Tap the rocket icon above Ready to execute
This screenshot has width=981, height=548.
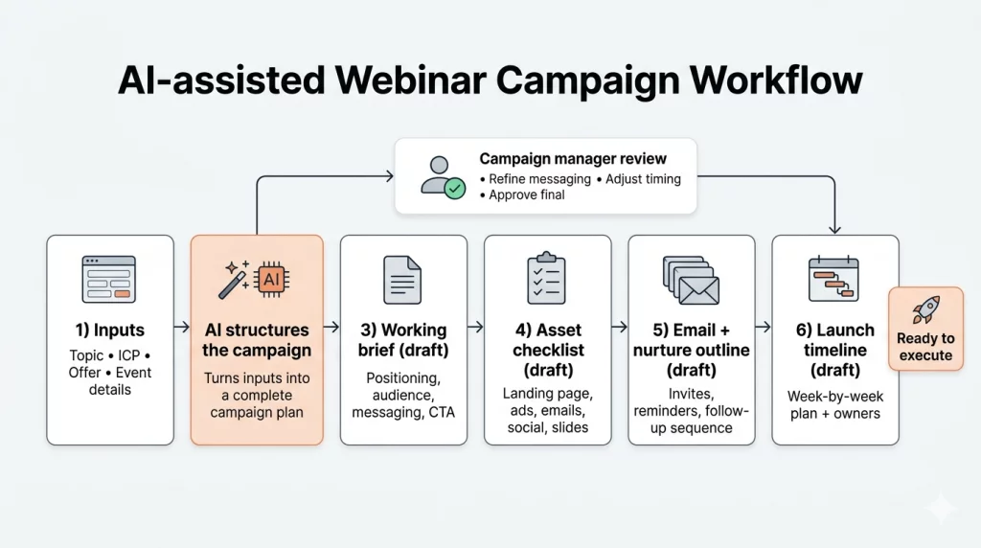point(925,309)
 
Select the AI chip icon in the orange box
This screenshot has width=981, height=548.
point(271,279)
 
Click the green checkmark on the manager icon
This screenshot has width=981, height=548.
point(456,189)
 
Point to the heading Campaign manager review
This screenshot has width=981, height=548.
point(573,158)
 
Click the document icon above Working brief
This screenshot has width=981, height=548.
point(402,280)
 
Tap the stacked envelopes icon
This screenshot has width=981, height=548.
point(690,279)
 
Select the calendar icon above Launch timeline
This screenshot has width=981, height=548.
point(833,279)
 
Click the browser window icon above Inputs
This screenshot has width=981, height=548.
point(108,279)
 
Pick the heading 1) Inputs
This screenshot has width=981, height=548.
point(109,331)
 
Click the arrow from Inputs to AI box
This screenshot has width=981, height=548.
point(182,328)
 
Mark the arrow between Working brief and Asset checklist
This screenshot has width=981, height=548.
point(476,328)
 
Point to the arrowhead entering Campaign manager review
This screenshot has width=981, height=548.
point(388,175)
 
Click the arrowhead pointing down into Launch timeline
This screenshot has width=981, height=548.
point(834,229)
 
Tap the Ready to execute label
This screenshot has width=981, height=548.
point(925,347)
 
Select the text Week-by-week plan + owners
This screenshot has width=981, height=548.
point(834,404)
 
